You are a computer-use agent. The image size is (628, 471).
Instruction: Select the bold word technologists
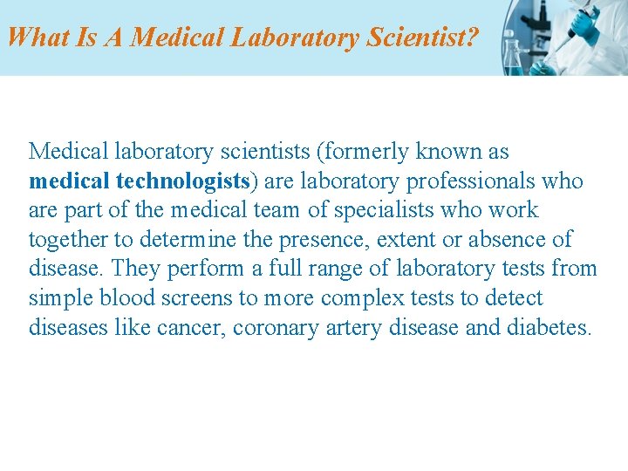(x=183, y=181)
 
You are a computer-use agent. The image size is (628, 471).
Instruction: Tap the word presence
(x=323, y=240)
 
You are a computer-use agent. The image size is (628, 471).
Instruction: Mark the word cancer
(x=197, y=328)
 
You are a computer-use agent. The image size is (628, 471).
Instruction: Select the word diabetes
(x=547, y=328)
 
